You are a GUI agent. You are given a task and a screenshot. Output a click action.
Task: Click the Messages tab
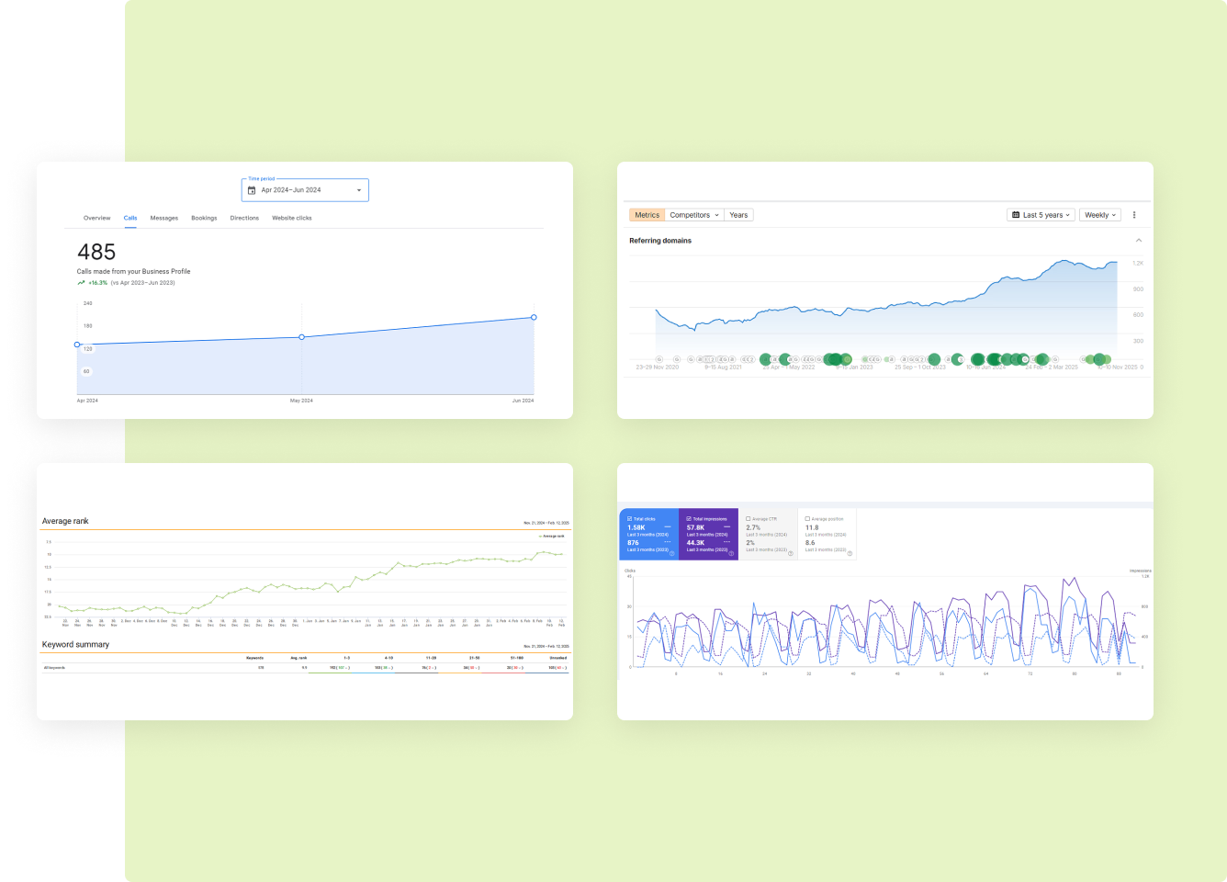coord(164,218)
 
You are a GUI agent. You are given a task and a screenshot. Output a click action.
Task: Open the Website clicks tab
coord(291,218)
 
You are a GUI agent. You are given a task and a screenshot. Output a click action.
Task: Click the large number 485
coord(96,252)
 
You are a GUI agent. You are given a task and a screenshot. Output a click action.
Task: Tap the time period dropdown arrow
coord(358,190)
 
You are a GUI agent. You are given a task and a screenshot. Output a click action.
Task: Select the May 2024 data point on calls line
coord(302,337)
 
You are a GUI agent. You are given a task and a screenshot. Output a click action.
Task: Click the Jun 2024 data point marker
coord(534,317)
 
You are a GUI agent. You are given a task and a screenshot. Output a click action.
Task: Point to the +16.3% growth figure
coord(97,283)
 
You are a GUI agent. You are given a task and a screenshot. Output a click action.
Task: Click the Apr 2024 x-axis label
coord(87,401)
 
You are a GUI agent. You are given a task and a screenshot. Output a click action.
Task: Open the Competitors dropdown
coord(694,215)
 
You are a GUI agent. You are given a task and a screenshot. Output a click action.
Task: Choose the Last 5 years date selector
coord(1041,215)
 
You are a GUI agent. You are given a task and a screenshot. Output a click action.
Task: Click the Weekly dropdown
coord(1100,215)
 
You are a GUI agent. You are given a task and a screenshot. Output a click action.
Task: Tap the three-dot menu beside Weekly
coord(1134,215)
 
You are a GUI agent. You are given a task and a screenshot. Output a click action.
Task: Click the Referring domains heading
coord(660,241)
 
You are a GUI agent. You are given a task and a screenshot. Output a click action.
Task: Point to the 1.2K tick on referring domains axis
coord(1138,264)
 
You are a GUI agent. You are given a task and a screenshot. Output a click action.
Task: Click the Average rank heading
coord(65,521)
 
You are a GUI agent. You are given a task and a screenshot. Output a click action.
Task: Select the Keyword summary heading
coord(75,644)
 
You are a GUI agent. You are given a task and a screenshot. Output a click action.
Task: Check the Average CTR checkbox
coord(749,519)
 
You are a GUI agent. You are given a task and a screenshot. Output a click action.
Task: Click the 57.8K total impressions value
coord(696,527)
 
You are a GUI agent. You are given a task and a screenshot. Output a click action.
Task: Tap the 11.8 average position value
coord(812,527)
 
